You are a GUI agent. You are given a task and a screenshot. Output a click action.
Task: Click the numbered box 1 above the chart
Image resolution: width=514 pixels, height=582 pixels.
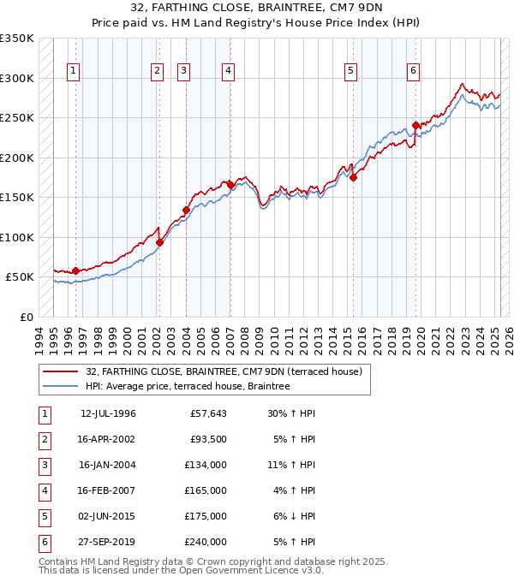(73, 72)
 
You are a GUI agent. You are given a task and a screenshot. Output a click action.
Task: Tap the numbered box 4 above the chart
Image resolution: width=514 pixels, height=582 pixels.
(228, 72)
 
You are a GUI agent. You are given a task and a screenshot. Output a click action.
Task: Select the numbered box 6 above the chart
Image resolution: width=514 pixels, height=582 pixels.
(413, 72)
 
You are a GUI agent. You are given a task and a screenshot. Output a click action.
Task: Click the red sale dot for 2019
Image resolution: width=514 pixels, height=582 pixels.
(416, 125)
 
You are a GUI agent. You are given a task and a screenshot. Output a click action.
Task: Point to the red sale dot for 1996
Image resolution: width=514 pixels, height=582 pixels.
(75, 270)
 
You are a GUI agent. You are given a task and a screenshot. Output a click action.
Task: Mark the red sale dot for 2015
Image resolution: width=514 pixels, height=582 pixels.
(353, 177)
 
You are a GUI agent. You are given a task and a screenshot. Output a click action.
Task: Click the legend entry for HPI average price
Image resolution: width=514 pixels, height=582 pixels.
(188, 387)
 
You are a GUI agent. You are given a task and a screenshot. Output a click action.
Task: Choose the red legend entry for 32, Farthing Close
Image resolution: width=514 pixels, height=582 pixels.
(224, 372)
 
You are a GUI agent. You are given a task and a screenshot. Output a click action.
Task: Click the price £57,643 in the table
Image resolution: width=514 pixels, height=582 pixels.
(208, 414)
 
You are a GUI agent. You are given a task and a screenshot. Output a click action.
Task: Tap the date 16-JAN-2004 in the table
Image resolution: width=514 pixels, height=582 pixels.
(107, 466)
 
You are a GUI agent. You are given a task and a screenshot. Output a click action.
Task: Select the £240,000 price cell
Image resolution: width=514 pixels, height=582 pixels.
(206, 543)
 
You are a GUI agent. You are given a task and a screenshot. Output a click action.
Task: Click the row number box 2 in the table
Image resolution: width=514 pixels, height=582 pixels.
(43, 440)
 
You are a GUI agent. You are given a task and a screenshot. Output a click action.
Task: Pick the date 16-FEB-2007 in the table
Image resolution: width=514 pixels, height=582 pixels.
(107, 491)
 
